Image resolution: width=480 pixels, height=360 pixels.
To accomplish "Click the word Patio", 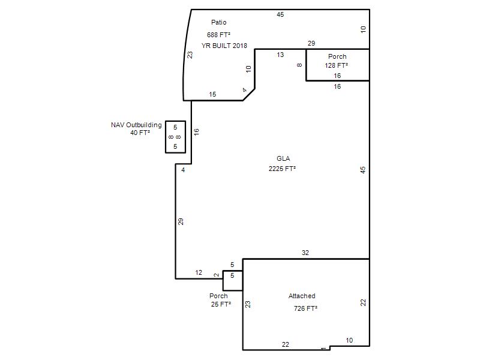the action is [x=218, y=22].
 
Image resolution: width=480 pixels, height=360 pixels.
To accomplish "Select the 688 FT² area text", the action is [x=218, y=35].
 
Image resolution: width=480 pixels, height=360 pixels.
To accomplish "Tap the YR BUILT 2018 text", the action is [x=224, y=46].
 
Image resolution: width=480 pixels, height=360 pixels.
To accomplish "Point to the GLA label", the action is [x=283, y=158].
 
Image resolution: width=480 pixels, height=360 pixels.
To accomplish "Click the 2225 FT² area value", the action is [x=282, y=169].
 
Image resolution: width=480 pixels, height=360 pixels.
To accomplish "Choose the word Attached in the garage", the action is [x=302, y=296].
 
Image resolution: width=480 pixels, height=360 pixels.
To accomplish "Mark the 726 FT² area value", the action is [x=305, y=308].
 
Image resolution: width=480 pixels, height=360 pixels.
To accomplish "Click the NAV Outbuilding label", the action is [x=136, y=125].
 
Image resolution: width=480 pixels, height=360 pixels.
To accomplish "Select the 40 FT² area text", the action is [x=140, y=133].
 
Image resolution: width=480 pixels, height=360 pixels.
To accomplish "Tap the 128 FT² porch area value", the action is [x=337, y=65].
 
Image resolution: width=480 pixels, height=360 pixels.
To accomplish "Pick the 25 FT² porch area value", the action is [x=221, y=304].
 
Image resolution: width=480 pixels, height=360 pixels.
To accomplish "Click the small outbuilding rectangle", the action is [x=166, y=137].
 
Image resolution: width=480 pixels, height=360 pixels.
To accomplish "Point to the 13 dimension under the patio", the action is [x=280, y=55].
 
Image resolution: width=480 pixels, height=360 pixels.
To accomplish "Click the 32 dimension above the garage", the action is [x=305, y=253].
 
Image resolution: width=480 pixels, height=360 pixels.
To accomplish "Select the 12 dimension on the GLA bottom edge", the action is [x=199, y=272].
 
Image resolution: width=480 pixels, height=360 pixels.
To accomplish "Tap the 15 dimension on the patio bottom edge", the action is [x=212, y=94].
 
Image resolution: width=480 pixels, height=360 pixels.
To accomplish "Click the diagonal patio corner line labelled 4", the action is [x=249, y=95].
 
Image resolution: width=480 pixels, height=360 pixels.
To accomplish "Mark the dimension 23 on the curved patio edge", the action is [x=190, y=55].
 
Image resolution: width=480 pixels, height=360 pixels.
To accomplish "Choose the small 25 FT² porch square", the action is [x=223, y=281].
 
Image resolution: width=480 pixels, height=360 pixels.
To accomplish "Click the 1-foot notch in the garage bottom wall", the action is [x=329, y=348].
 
